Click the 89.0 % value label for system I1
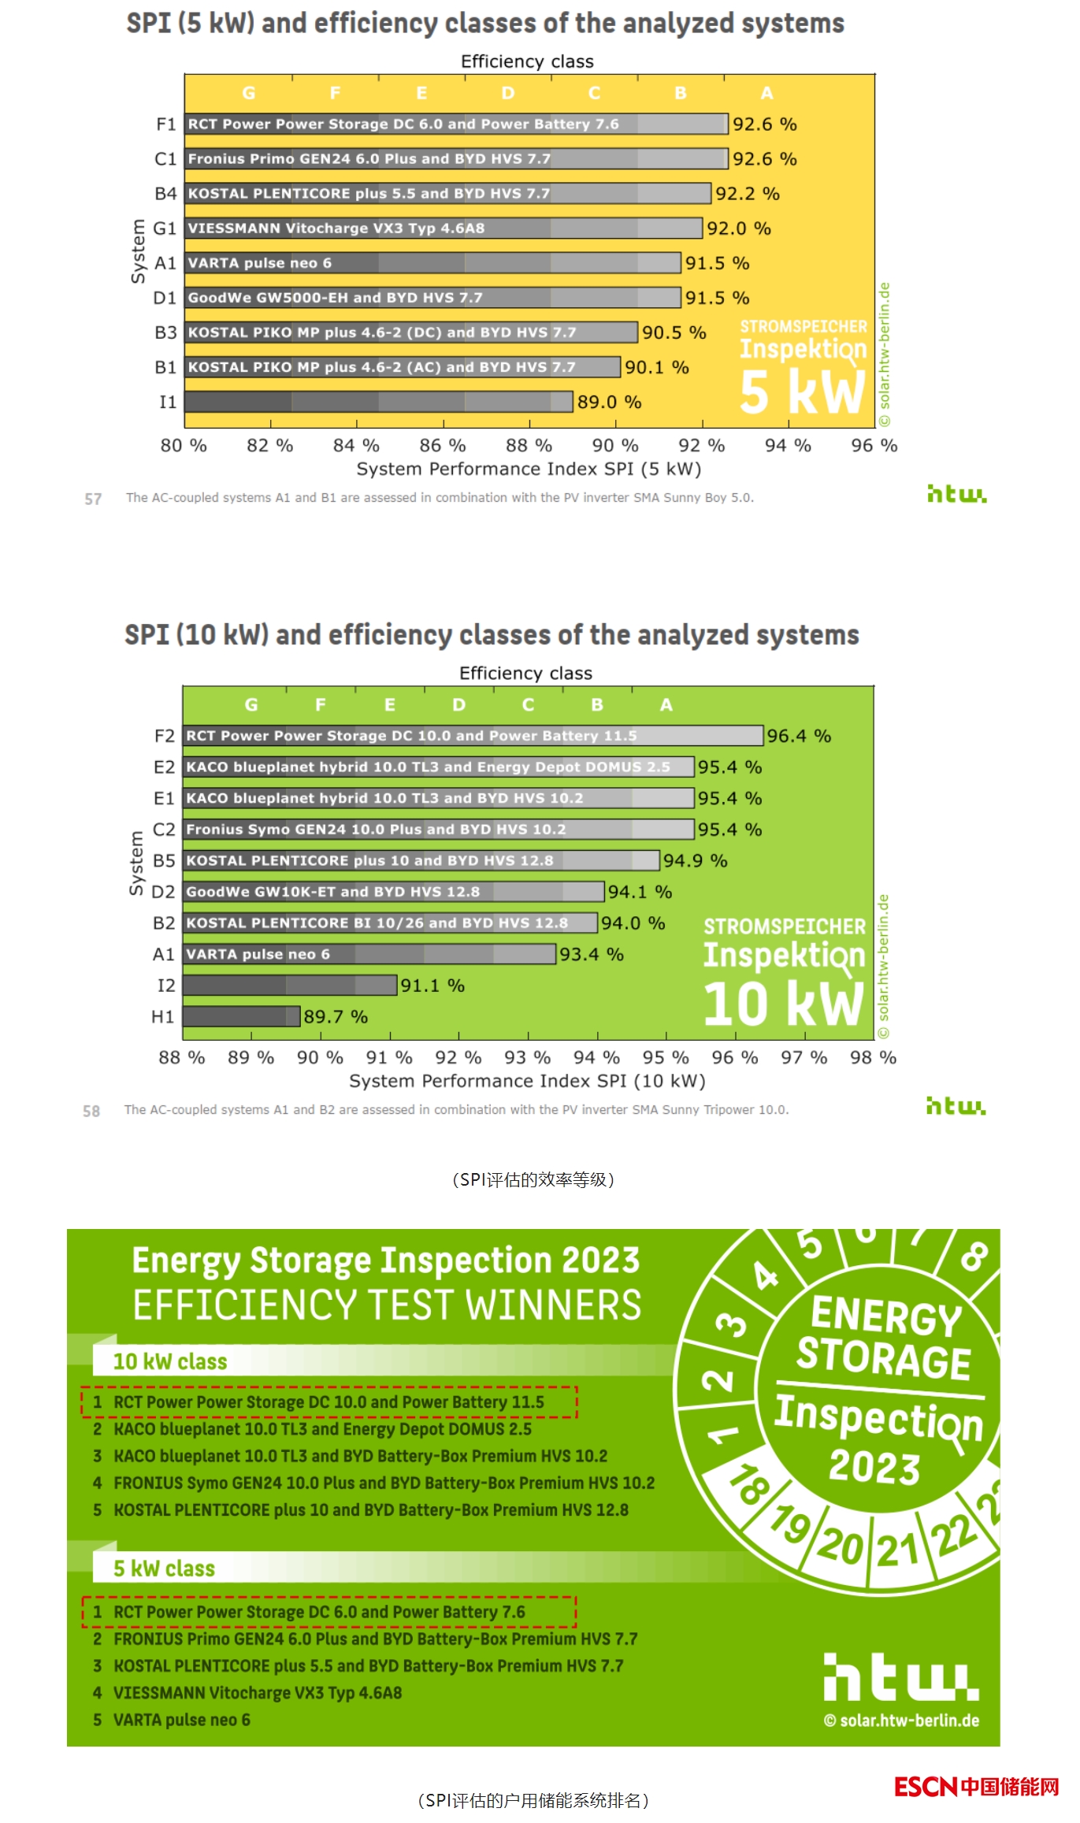pos(609,403)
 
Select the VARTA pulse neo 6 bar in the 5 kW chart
pos(432,263)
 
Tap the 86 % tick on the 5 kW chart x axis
pos(443,446)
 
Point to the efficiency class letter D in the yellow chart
pos(508,93)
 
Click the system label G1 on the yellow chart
pos(165,228)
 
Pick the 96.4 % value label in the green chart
pos(799,736)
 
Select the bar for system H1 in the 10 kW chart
pos(241,1016)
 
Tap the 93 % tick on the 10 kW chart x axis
pos(528,1057)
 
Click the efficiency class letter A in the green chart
pos(666,704)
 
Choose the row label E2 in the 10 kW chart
pos(164,767)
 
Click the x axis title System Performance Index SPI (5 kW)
pos(529,470)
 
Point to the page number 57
pos(93,499)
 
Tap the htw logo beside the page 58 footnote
pos(956,1106)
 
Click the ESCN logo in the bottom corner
pos(977,1787)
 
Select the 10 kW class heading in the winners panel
pos(170,1361)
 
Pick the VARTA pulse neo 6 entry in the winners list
pos(182,1720)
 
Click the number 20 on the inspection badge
pos(841,1546)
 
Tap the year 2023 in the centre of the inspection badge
pos(874,1467)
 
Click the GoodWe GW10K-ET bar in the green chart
pos(393,892)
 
